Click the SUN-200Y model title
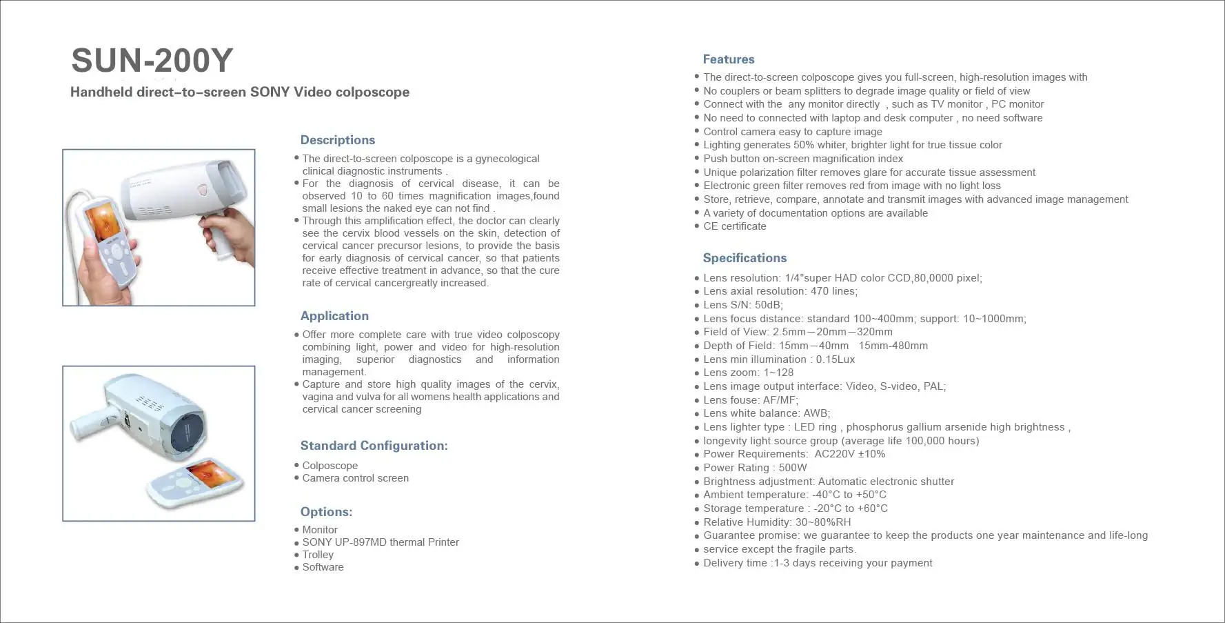coord(152,61)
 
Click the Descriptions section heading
coord(338,140)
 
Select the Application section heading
coord(334,316)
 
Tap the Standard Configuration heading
coord(374,446)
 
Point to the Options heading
coord(326,512)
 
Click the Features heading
coord(729,59)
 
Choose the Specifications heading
coord(745,258)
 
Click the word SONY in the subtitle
coord(270,92)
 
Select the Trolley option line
coord(318,555)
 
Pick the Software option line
coord(323,567)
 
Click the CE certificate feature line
coord(734,226)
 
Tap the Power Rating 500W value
coord(793,468)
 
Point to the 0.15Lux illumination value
coord(836,359)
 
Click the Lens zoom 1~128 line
coord(748,373)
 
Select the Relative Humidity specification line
coord(777,522)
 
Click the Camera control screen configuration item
coord(355,478)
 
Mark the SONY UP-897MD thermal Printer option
coord(381,542)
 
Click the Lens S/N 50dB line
coord(743,305)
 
